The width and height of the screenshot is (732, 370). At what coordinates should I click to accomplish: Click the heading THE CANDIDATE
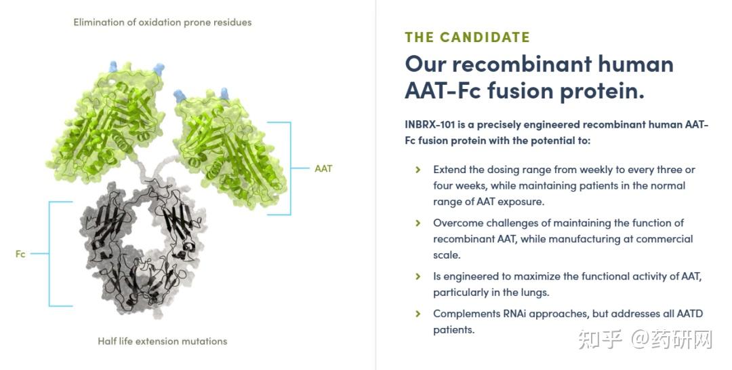(467, 37)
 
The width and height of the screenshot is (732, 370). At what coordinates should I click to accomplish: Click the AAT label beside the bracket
(323, 168)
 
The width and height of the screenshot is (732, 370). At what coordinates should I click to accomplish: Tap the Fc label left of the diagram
(20, 254)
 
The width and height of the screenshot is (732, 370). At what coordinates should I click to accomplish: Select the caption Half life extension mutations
(163, 341)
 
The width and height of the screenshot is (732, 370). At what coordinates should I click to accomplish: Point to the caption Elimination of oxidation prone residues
(163, 22)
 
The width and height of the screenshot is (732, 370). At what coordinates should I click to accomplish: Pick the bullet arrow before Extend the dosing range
(418, 170)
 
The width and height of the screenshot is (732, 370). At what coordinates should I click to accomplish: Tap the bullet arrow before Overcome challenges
(418, 223)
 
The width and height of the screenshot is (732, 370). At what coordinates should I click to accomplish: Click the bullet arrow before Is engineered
(418, 276)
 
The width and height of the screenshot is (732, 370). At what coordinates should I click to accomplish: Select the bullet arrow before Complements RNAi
(418, 314)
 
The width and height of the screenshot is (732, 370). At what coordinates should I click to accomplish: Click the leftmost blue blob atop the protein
(113, 67)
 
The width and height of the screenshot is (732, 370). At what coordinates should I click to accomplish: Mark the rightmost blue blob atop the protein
(224, 94)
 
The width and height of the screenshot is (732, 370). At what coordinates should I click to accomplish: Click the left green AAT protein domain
(107, 124)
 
